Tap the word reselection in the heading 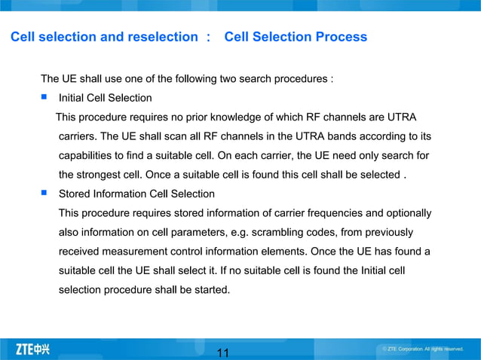[161, 37]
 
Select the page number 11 [222, 352]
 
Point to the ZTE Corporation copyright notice [422, 349]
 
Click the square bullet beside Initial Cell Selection [44, 97]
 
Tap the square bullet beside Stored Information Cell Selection [44, 194]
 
